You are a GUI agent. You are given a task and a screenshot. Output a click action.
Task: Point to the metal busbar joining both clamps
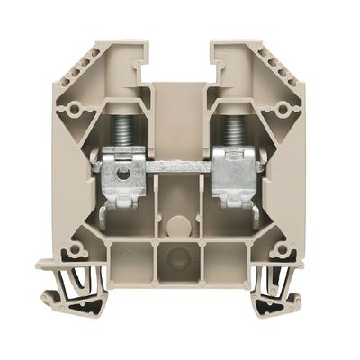(180, 167)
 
